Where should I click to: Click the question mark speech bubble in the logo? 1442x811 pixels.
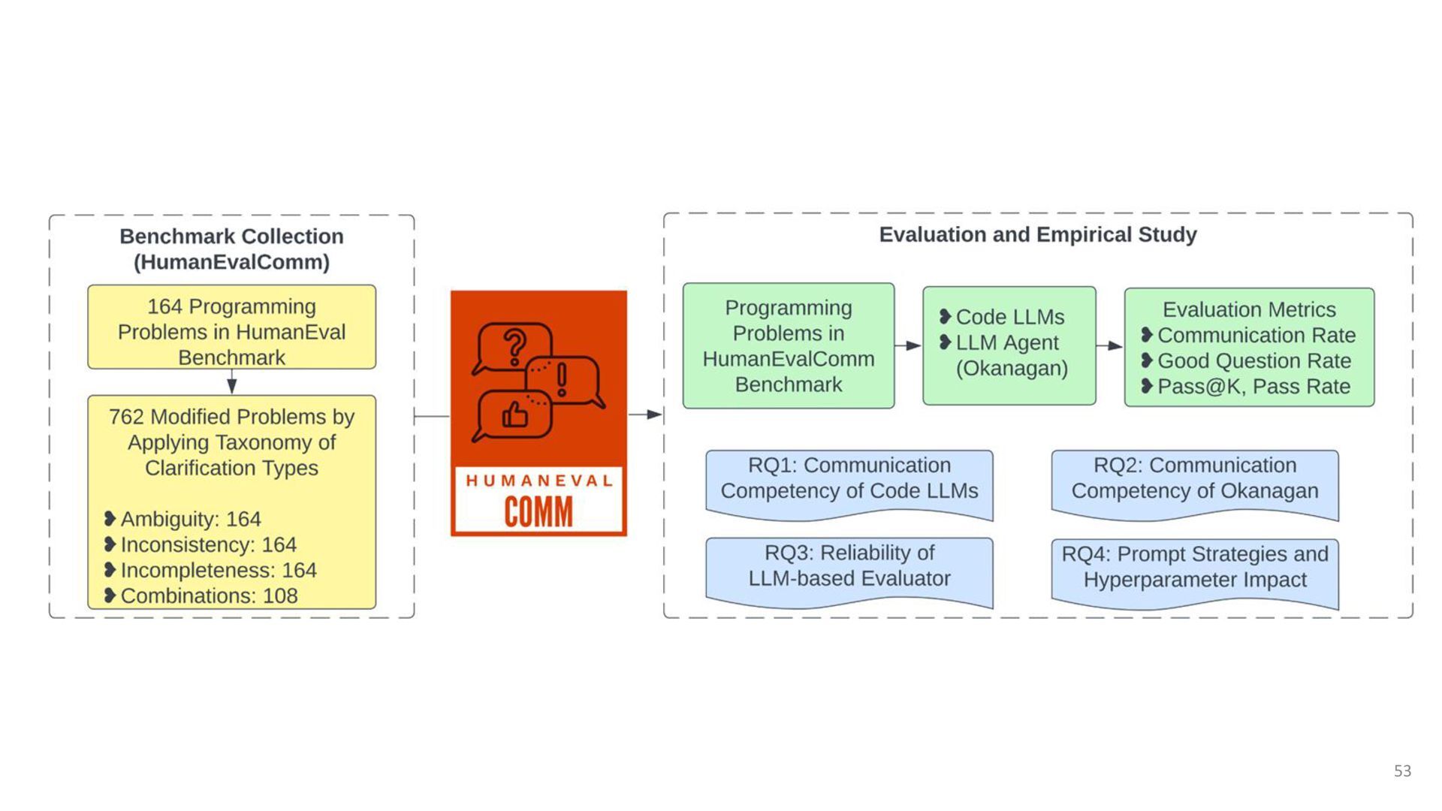point(513,347)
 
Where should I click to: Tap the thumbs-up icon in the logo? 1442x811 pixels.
point(515,414)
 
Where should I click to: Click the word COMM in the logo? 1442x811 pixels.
point(538,512)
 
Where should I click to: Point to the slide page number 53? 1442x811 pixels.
point(1402,771)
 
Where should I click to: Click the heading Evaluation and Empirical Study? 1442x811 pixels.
point(1038,235)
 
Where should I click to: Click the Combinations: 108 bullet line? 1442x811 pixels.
point(209,595)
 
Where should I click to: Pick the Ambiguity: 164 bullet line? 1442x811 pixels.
point(191,519)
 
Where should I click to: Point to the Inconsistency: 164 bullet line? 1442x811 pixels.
point(208,544)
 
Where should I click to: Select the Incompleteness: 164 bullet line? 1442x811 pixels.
point(219,570)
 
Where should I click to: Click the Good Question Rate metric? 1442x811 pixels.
point(1253,360)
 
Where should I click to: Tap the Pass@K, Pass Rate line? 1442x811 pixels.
point(1253,386)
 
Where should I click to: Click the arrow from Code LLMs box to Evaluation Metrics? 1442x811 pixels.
point(1109,345)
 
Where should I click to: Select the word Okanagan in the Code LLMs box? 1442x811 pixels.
point(1012,368)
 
